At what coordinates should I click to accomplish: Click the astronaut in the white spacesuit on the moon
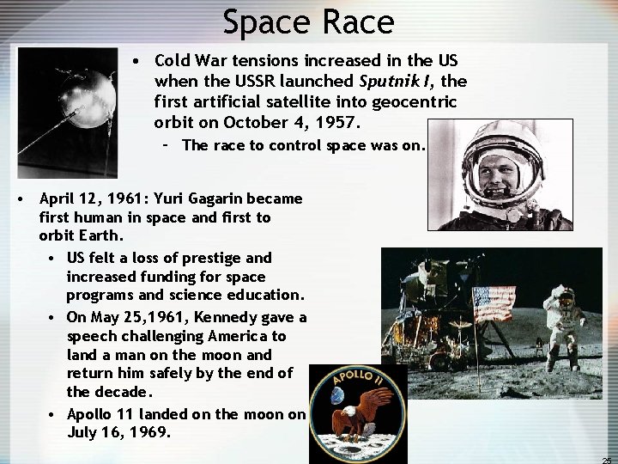point(567,309)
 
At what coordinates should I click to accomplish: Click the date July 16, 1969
point(118,432)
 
